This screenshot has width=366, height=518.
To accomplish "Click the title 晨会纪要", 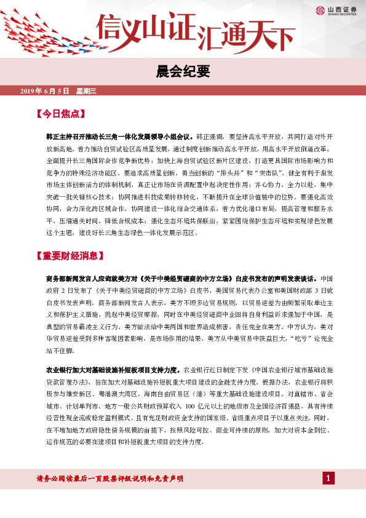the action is (x=183, y=72).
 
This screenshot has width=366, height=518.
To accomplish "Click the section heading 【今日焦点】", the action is (x=60, y=114).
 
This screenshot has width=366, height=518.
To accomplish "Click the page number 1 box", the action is (x=329, y=478).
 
